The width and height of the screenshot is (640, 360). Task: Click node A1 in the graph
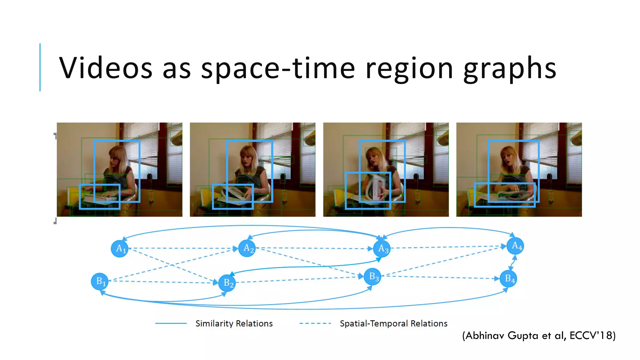[x=120, y=249]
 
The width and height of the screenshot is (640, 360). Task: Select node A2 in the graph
[x=247, y=248]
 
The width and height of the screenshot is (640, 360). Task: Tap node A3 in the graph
[x=382, y=249]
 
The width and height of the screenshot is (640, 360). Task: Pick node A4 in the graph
[x=515, y=246]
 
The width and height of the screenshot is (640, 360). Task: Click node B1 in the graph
[x=100, y=281]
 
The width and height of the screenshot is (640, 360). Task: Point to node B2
[x=227, y=283]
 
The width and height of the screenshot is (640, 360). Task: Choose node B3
[x=372, y=277]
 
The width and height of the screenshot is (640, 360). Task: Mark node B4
[x=508, y=278]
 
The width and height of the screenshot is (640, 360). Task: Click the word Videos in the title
[x=106, y=68]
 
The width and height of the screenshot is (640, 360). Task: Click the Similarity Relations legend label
[x=234, y=323]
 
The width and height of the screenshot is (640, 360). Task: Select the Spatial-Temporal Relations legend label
[x=393, y=323]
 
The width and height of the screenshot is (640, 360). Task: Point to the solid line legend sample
[x=171, y=323]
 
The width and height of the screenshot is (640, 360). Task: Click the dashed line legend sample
[x=315, y=323]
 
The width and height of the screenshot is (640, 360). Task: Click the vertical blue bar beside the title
[x=40, y=67]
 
